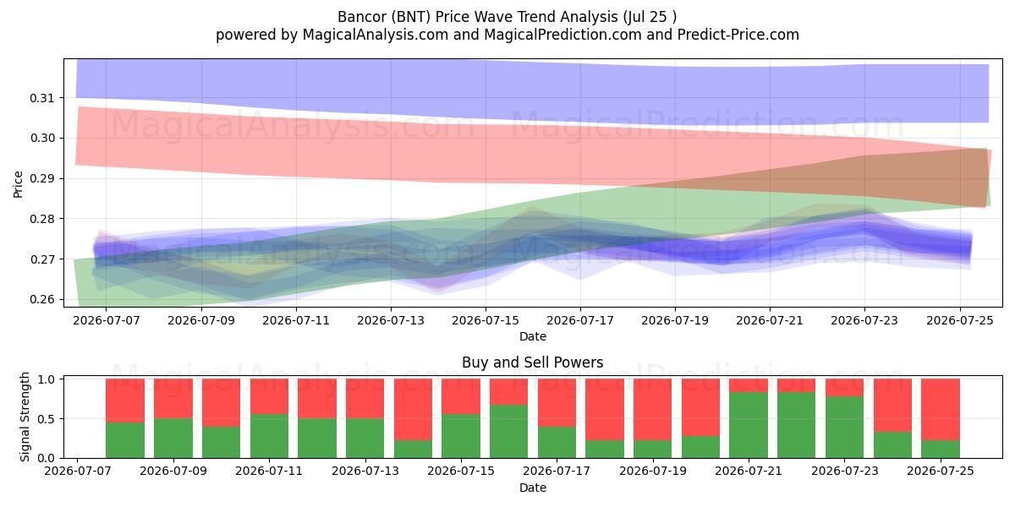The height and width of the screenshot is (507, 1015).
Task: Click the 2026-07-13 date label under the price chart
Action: click(x=391, y=320)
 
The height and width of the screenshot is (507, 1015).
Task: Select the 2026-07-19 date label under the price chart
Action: click(x=675, y=320)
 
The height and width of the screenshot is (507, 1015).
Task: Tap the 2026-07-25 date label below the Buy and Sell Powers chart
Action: click(x=941, y=471)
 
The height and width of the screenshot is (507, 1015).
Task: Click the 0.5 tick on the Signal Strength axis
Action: click(x=46, y=419)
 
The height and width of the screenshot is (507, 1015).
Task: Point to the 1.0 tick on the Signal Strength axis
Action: click(x=46, y=379)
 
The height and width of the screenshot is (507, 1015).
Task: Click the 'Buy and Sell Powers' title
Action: click(x=532, y=363)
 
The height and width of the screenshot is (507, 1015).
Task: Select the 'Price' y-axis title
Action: click(x=18, y=184)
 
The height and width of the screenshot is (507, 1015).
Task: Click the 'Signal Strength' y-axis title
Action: click(x=25, y=417)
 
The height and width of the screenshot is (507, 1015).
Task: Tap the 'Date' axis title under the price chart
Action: click(x=533, y=337)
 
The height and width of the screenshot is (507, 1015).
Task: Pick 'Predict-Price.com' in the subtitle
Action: click(x=738, y=35)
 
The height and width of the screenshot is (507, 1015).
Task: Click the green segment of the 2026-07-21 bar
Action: click(x=749, y=425)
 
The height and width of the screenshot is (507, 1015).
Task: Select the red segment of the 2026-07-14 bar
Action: click(x=414, y=410)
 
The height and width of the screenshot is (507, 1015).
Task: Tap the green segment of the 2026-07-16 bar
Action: click(x=509, y=432)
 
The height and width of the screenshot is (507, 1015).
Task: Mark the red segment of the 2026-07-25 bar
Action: click(x=941, y=410)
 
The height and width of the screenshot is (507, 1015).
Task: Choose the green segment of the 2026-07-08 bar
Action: click(x=125, y=440)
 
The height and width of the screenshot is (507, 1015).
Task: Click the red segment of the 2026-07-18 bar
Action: click(x=605, y=410)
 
